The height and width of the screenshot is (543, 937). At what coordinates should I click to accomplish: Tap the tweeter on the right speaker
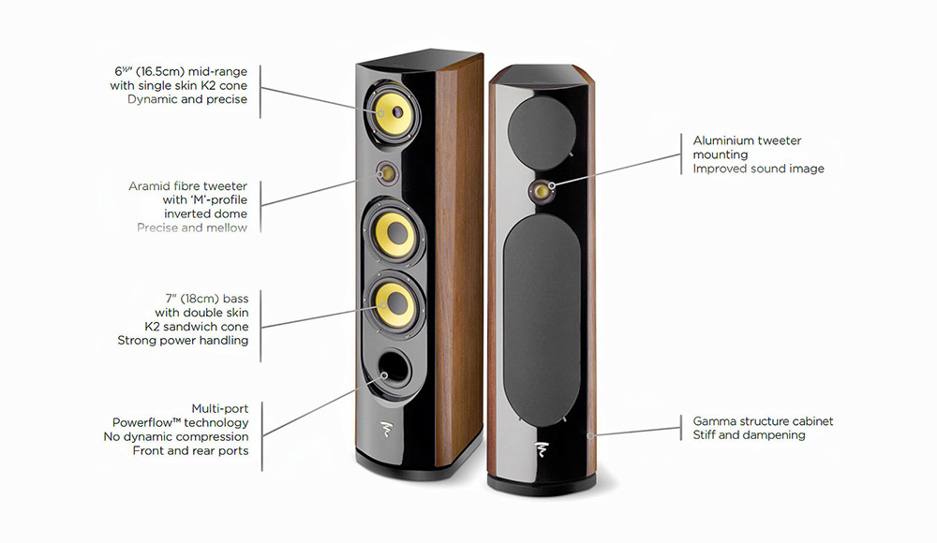pos(543,190)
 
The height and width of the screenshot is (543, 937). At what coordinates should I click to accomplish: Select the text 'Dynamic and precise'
pos(187,99)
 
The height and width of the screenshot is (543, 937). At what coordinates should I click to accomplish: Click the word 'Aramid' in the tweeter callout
pos(148,186)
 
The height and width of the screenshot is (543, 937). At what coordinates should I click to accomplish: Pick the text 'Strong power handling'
pos(183,340)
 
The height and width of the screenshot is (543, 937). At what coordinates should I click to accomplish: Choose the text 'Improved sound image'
pos(758,169)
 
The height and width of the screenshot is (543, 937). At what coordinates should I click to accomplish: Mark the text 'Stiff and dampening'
pos(749,434)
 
